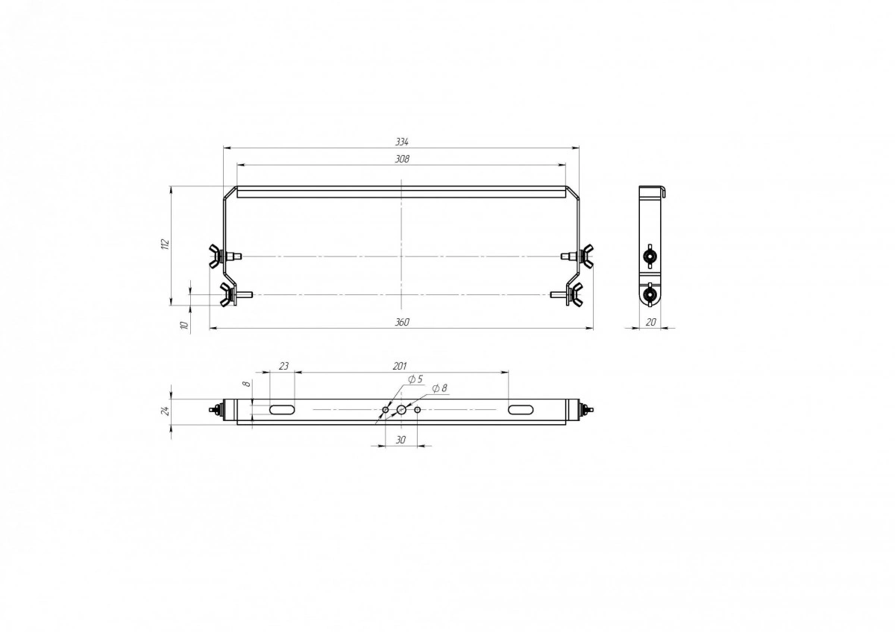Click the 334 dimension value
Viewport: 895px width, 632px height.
[402, 142]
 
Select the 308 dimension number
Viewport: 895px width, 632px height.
[402, 159]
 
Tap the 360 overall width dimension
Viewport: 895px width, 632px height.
[402, 322]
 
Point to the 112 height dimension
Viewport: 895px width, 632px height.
[166, 244]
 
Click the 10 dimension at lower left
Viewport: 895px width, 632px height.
[184, 325]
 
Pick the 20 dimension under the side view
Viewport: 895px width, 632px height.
[651, 322]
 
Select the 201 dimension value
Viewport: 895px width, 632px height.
[400, 366]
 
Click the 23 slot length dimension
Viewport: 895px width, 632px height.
[283, 366]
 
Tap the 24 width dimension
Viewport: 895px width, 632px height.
[166, 411]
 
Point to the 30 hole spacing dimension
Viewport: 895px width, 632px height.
[401, 440]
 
